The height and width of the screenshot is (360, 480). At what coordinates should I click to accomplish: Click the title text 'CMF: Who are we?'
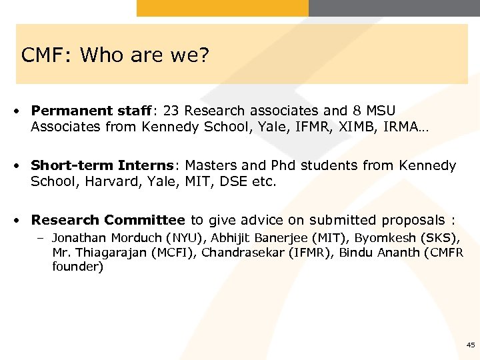pos(115,55)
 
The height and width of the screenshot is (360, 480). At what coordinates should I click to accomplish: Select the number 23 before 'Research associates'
pos(172,111)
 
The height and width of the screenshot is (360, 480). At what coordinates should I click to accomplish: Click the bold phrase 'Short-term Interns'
pos(103,165)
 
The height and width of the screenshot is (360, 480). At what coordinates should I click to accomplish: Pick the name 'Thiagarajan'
pos(107,252)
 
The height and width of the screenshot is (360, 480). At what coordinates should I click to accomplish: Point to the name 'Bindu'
pos(355,252)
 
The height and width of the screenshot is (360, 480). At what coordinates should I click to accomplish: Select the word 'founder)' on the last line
pos(78,267)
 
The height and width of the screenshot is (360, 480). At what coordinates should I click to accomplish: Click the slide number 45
pos(471,345)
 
